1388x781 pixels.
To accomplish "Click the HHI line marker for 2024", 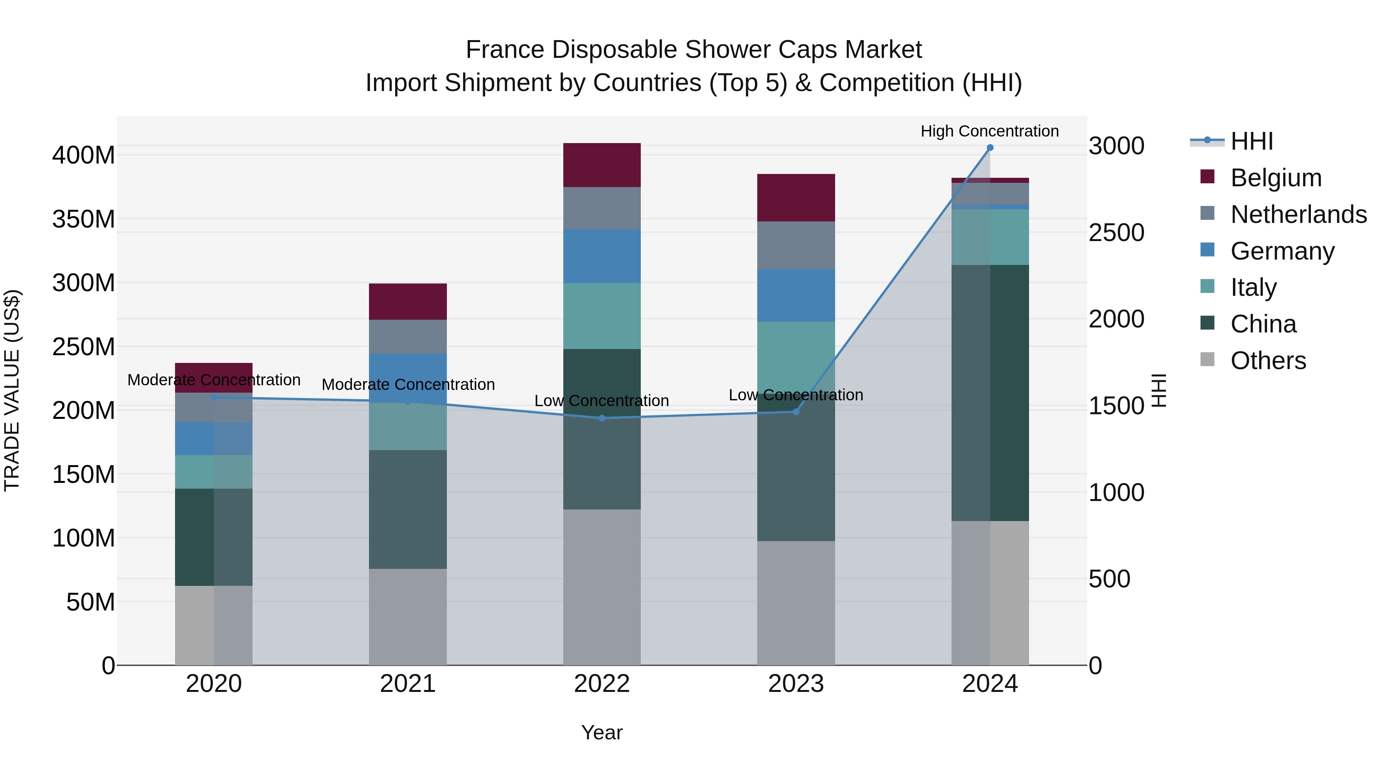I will coord(990,148).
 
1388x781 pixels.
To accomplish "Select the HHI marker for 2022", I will coord(602,418).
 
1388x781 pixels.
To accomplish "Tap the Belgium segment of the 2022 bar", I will coord(602,165).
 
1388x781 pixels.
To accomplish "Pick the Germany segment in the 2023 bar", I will coord(796,295).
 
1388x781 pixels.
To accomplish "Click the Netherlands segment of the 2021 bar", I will coord(408,336).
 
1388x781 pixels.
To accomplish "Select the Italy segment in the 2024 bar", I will coord(990,237).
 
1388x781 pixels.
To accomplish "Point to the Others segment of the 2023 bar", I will coord(796,602).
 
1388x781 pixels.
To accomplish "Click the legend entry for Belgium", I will coord(1275,178).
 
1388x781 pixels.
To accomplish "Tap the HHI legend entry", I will coord(1251,141).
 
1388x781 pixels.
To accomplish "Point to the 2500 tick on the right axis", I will coord(1117,233).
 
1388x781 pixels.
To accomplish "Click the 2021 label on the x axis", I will coord(408,684).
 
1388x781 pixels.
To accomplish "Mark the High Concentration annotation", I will coord(989,131).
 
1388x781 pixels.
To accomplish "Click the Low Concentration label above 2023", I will coord(796,395).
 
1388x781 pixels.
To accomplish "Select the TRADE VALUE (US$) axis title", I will coord(12,390).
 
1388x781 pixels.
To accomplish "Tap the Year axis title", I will coord(602,732).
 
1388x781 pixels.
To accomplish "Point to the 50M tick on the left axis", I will coord(91,602).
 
